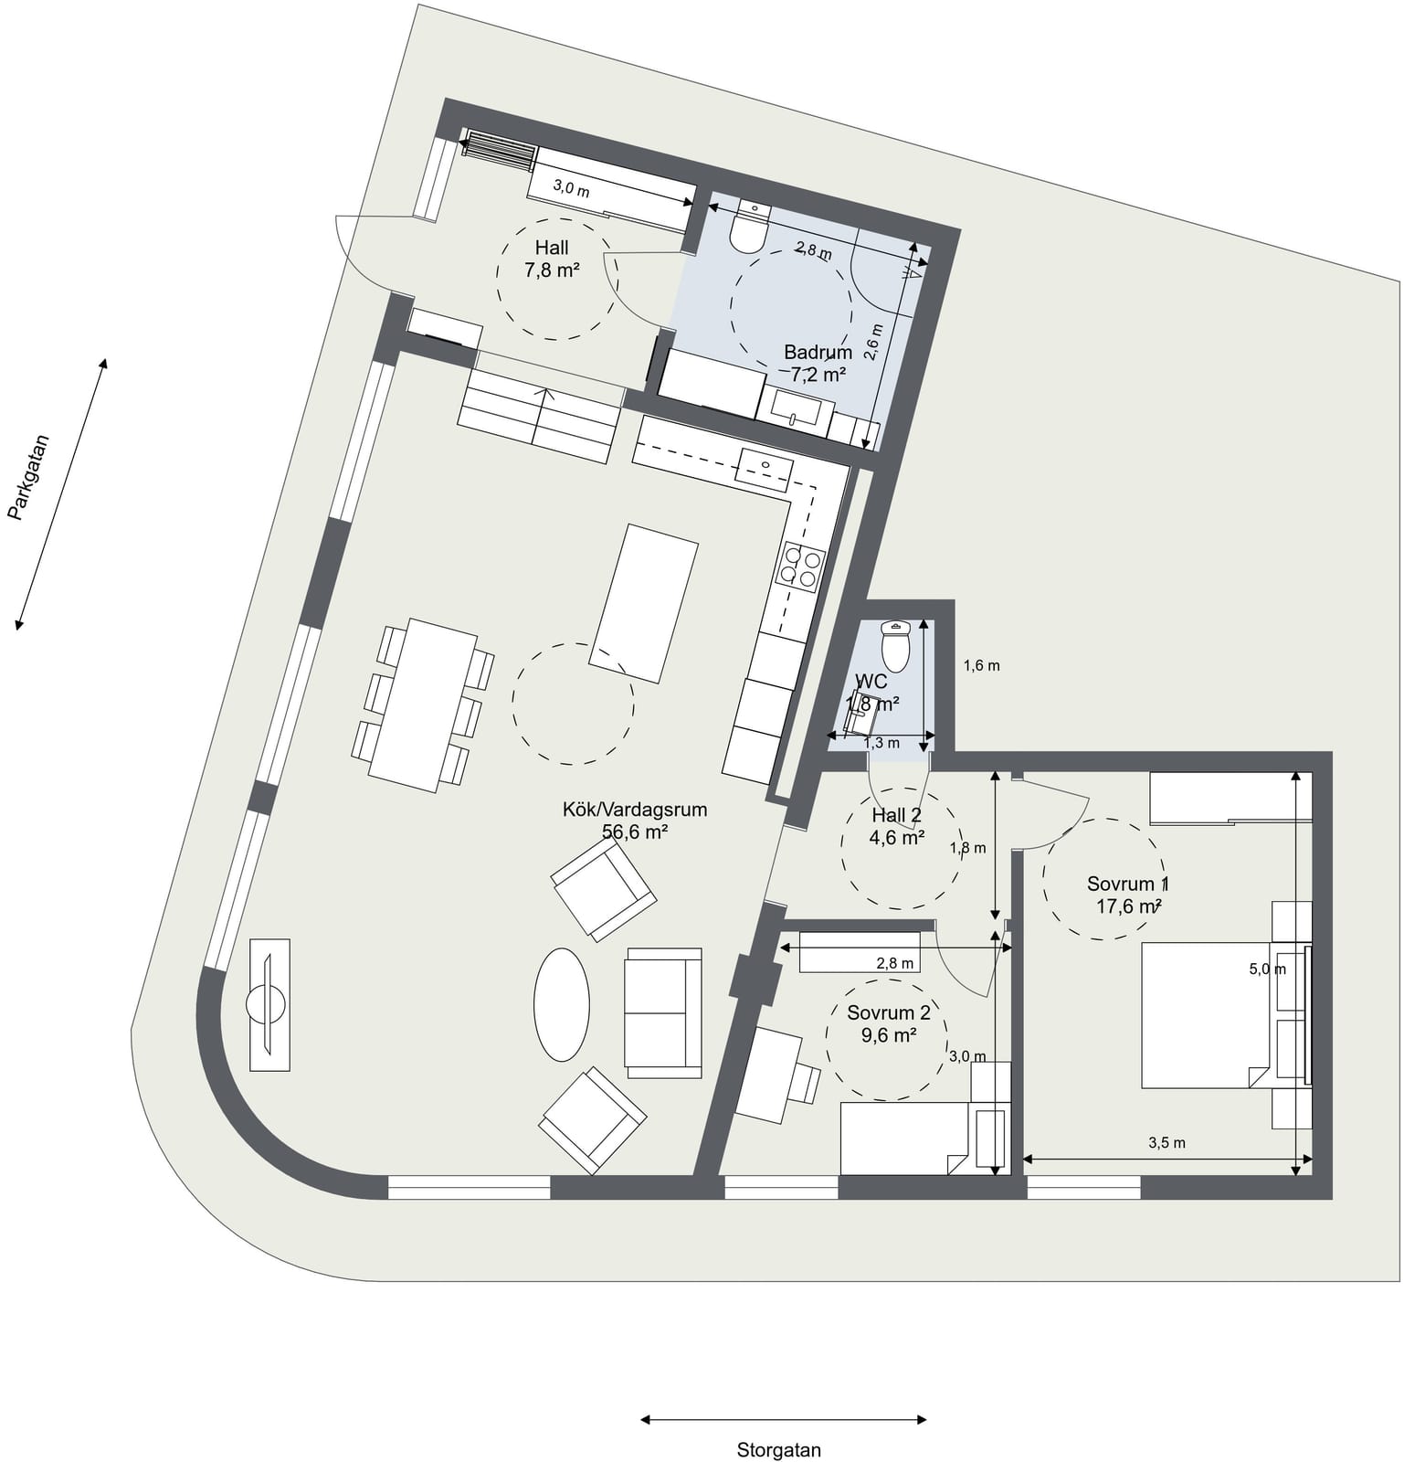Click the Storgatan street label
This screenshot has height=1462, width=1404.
click(x=779, y=1449)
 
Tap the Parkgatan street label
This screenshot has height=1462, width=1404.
click(x=28, y=477)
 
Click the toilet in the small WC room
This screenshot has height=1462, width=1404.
click(x=896, y=646)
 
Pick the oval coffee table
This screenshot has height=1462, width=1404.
click(x=562, y=1004)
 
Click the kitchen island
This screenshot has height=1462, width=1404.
click(x=644, y=603)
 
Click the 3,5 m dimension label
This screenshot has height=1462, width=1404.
click(x=1166, y=1142)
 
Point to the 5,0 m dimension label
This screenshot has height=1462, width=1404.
click(x=1267, y=969)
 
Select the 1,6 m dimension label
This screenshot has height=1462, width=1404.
click(x=982, y=665)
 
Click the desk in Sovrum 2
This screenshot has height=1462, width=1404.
click(x=769, y=1074)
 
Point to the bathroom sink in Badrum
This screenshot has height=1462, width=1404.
click(x=801, y=408)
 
